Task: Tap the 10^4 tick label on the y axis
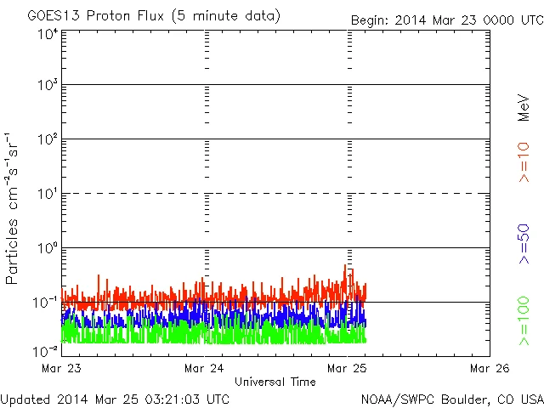pos(47,35)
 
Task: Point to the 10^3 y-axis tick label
pos(47,86)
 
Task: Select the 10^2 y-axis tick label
pos(47,140)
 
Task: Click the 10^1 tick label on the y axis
pos(47,195)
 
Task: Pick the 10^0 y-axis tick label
pos(47,249)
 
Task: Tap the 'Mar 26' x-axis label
pos(489,368)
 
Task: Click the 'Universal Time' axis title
pos(275,382)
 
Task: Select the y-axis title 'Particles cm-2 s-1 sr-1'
pos(14,207)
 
